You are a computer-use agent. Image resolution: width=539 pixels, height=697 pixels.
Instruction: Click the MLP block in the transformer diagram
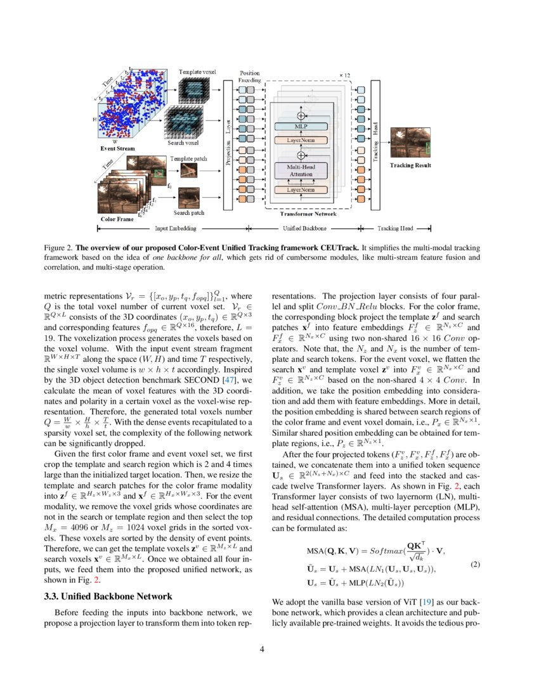pos(301,127)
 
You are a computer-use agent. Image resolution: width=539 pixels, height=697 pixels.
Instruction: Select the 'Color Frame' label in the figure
pos(117,219)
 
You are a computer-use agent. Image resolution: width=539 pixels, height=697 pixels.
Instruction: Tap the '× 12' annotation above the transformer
pos(344,75)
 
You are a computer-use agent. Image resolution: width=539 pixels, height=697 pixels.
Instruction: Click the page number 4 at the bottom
pos(269,649)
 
